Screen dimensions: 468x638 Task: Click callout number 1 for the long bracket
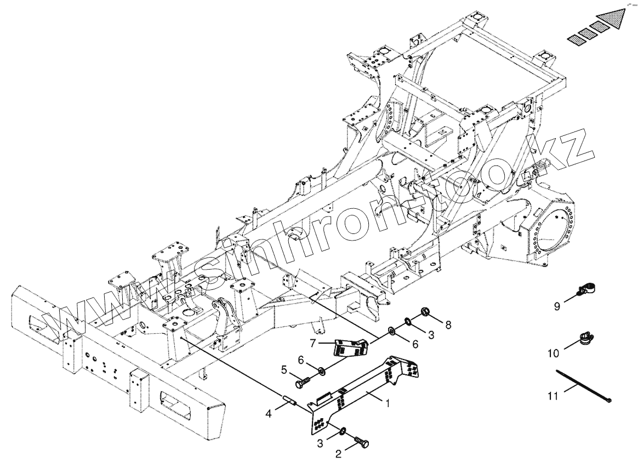pos(388,403)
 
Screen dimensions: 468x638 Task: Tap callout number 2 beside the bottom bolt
pos(339,454)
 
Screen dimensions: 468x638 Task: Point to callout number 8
pos(448,325)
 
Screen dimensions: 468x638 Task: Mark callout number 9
pos(557,306)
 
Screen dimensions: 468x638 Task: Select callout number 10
pos(553,353)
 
